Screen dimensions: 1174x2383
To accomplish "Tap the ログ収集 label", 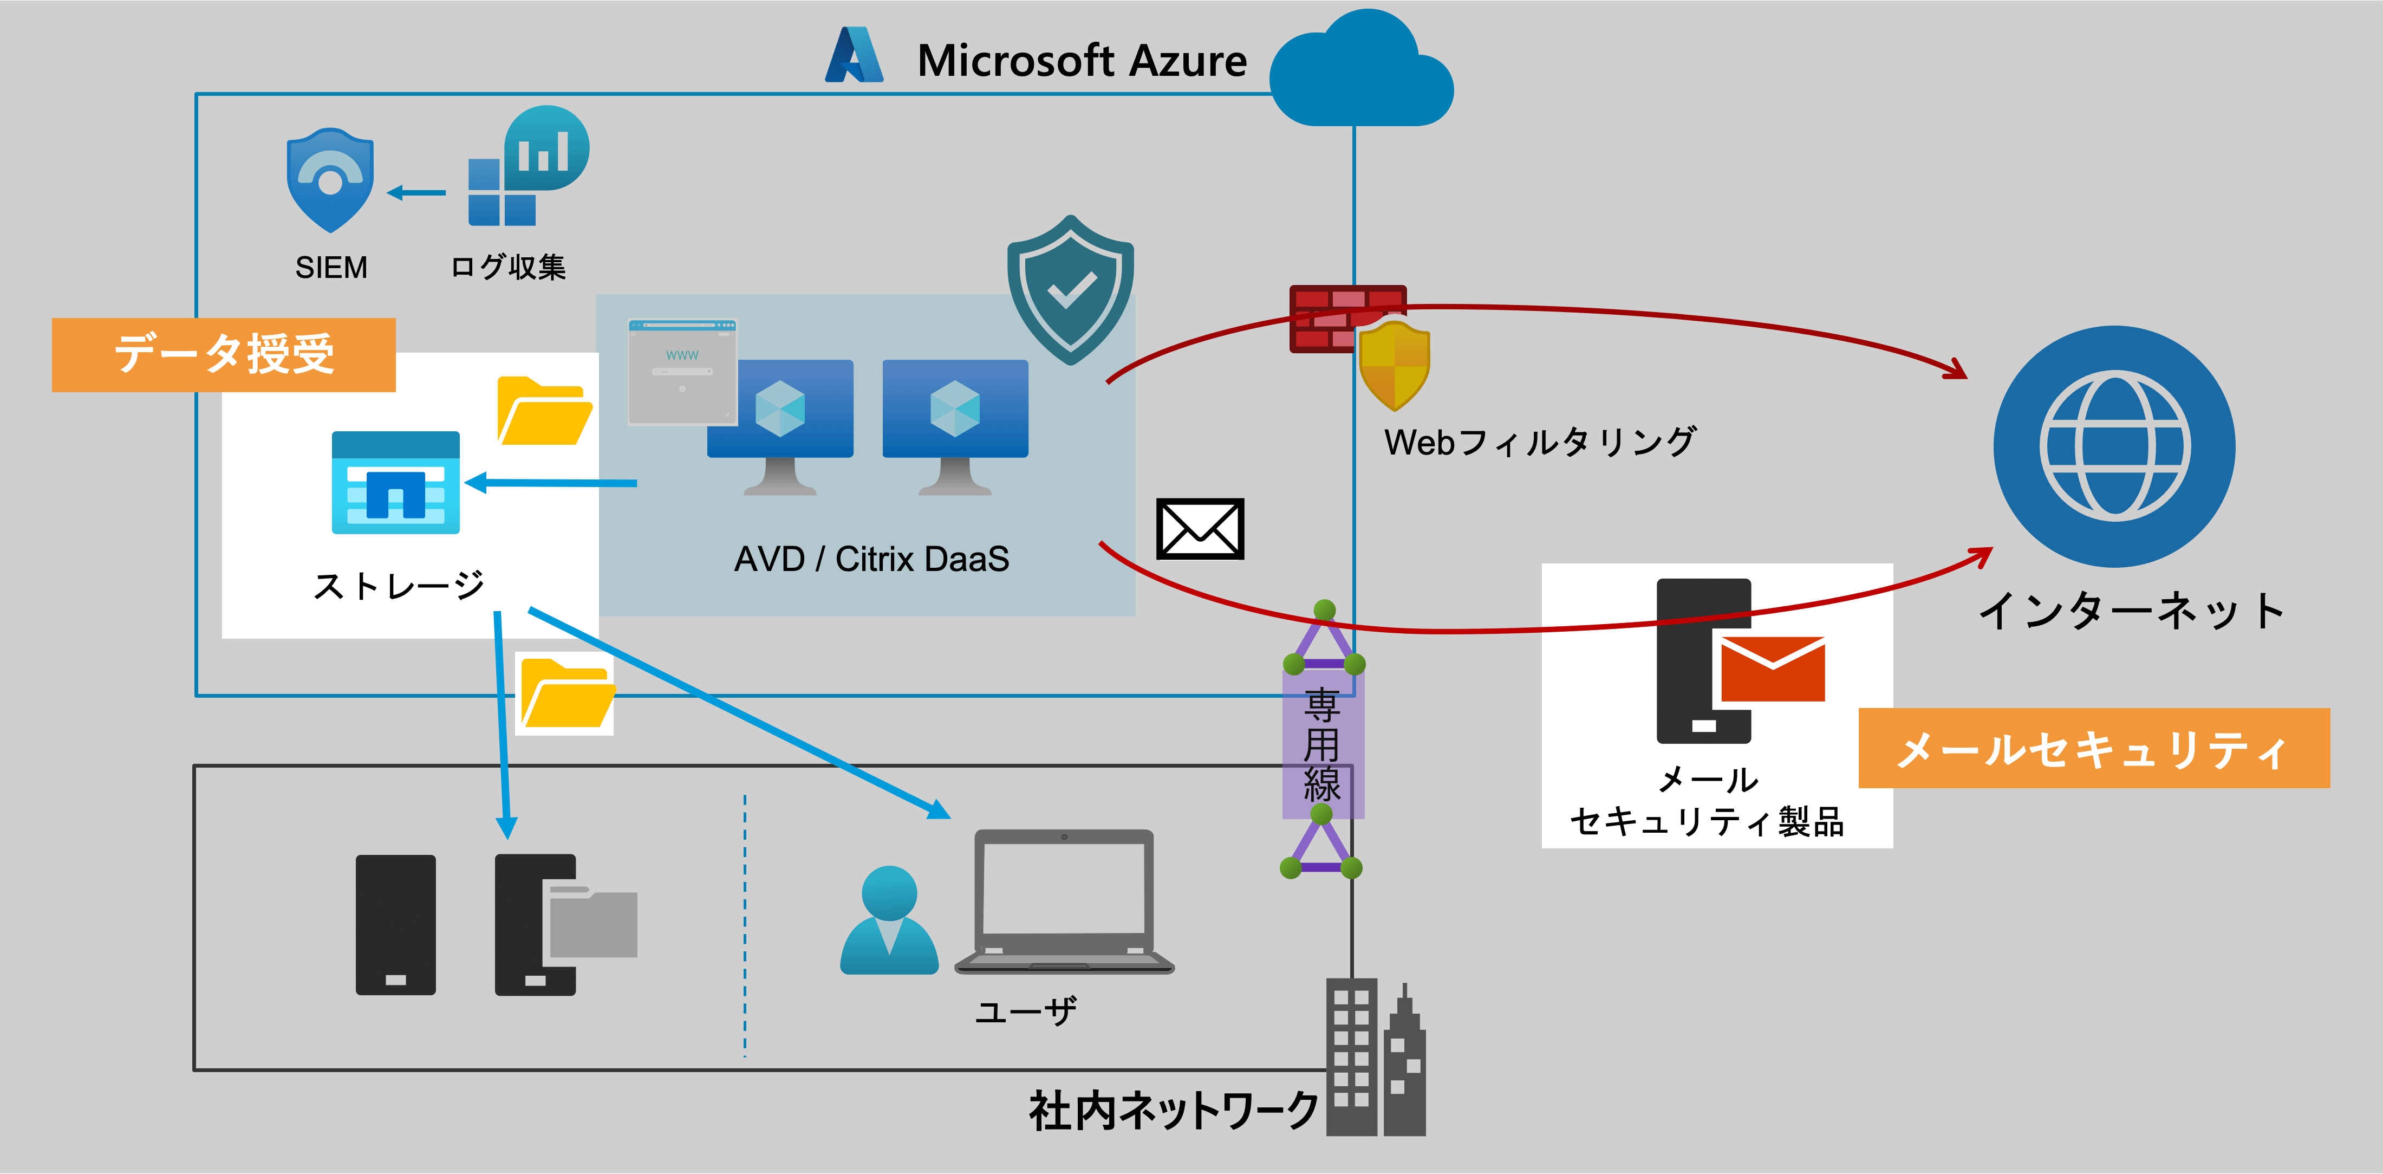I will [508, 268].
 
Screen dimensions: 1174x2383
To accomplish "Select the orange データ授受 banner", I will [224, 354].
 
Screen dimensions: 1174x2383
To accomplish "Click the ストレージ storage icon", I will [396, 482].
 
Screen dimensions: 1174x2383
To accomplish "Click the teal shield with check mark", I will [1070, 289].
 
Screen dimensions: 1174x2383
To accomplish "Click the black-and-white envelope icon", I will [1200, 529].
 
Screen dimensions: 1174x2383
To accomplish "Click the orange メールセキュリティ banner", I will [2093, 748].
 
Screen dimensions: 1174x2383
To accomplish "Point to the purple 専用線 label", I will [1322, 745].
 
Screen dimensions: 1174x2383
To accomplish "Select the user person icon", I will [889, 920].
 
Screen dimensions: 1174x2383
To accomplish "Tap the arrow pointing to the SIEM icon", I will [416, 192].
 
